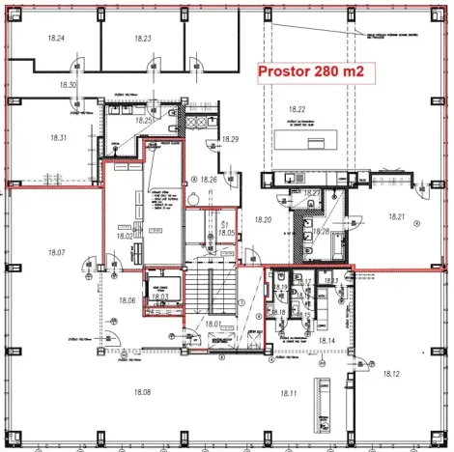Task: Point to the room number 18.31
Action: (57, 138)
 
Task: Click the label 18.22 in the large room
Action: (296, 109)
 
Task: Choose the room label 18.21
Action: (395, 218)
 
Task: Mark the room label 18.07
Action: (55, 252)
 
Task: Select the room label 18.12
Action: (391, 373)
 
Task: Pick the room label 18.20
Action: (264, 221)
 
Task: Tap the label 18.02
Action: (125, 235)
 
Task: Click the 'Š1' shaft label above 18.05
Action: (224, 223)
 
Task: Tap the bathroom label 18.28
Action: (322, 232)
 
